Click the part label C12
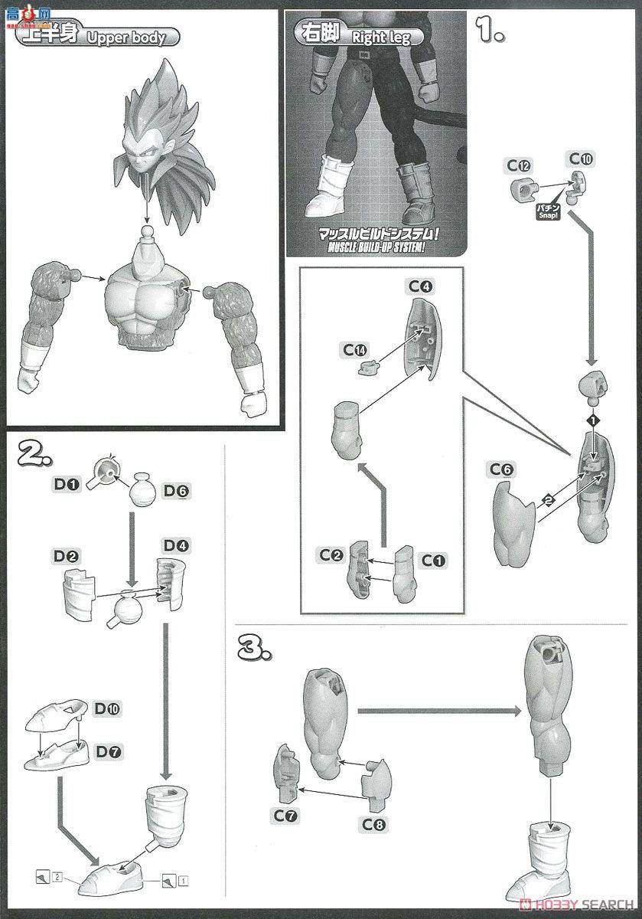pyautogui.click(x=518, y=165)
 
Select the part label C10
pyautogui.click(x=581, y=159)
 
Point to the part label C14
pyautogui.click(x=355, y=350)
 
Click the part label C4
pyautogui.click(x=420, y=286)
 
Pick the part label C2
pyautogui.click(x=331, y=553)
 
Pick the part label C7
pyautogui.click(x=285, y=816)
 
